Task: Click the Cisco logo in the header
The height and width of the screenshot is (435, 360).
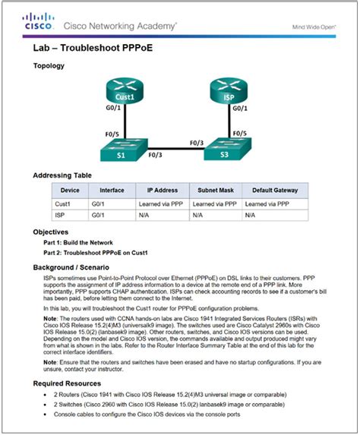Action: click(36, 24)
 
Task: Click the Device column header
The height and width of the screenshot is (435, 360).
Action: click(70, 191)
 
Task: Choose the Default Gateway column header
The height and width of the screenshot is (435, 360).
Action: click(275, 191)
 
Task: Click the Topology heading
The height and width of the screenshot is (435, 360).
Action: click(49, 65)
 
